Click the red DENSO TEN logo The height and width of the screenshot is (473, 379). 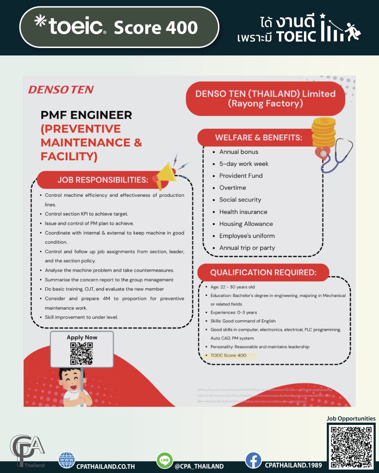(x=61, y=89)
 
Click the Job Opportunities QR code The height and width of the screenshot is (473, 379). (x=351, y=446)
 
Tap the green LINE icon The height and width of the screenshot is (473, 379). (x=164, y=461)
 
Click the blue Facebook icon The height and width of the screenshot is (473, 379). (x=253, y=461)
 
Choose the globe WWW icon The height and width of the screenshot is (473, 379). (x=67, y=460)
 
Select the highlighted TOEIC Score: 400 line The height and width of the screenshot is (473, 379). (x=229, y=355)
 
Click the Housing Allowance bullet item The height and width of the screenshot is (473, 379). (x=246, y=224)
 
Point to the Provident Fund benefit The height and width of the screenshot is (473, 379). (x=241, y=176)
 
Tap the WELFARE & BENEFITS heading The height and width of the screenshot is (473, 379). (x=258, y=138)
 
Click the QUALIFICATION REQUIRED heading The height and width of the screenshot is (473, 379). (x=263, y=273)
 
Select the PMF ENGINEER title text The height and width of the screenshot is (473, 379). (x=87, y=115)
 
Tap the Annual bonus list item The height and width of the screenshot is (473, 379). (x=238, y=152)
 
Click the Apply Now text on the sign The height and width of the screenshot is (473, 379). (x=82, y=337)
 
